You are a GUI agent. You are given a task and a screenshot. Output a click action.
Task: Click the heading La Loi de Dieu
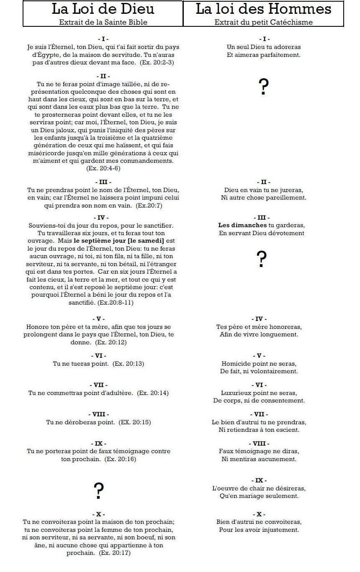tap(103, 9)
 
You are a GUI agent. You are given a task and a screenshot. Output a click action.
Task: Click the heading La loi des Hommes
tap(263, 9)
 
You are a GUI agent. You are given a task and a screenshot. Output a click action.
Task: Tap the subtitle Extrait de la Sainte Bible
tap(103, 22)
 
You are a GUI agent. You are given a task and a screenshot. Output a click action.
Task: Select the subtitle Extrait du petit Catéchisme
tap(263, 22)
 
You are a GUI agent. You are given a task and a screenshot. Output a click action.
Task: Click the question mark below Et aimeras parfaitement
tap(263, 87)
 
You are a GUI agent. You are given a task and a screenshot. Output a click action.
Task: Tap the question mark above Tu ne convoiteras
tap(98, 491)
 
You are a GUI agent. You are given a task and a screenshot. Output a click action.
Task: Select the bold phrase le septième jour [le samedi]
tap(119, 241)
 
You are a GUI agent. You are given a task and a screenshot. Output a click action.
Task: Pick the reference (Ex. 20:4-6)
tap(103, 168)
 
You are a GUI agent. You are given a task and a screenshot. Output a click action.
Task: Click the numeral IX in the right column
tap(259, 480)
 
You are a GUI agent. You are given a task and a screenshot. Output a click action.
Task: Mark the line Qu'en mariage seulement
tap(259, 496)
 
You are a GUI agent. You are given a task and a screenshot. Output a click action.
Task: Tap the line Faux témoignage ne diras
tap(259, 451)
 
